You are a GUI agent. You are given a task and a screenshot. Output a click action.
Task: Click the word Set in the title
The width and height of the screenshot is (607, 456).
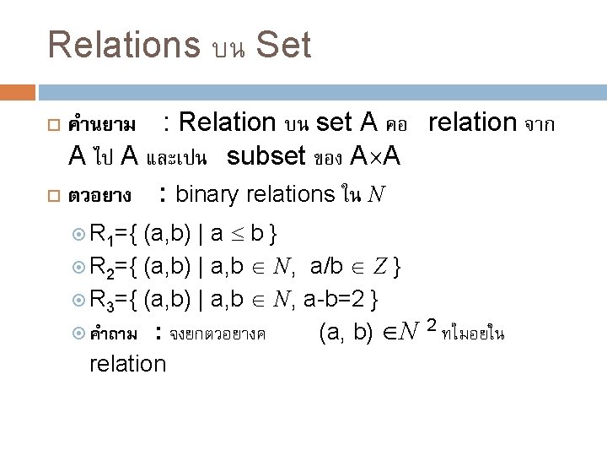[x=283, y=45]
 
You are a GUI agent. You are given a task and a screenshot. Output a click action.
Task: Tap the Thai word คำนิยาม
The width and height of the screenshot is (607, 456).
[x=103, y=126]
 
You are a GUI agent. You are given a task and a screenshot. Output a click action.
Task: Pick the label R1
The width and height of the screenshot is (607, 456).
[x=105, y=232]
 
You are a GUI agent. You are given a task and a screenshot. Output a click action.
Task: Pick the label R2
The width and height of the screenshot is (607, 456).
[x=105, y=267]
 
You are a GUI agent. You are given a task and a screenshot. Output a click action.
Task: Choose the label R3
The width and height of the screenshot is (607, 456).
[x=105, y=300]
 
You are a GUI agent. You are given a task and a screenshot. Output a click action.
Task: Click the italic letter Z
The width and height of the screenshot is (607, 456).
[x=380, y=267]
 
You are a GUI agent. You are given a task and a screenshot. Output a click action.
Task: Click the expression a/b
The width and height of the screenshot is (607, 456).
[x=326, y=267]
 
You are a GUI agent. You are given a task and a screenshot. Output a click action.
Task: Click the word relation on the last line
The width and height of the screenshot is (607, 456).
[x=127, y=363]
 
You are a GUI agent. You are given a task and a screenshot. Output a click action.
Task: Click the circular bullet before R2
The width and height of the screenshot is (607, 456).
[x=80, y=268]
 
